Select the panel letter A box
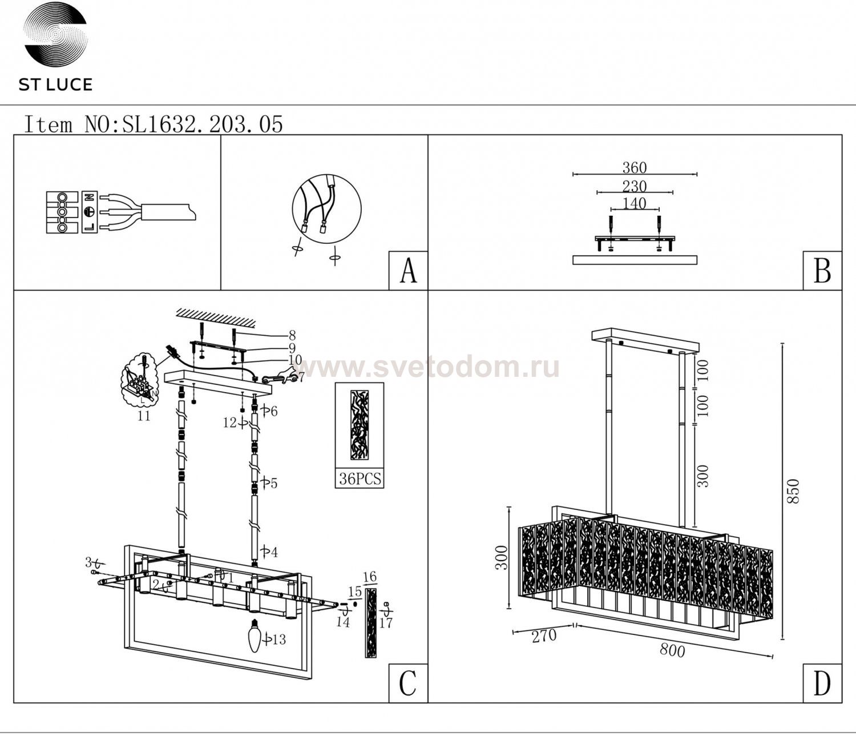(x=408, y=271)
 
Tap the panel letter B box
(x=822, y=271)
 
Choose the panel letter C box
(x=408, y=683)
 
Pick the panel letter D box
(x=822, y=683)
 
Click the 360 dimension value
(x=634, y=168)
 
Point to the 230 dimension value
(x=634, y=186)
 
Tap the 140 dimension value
(x=634, y=203)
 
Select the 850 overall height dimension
(x=793, y=491)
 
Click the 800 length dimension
(x=672, y=650)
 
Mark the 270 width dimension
(x=544, y=636)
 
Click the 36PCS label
(x=360, y=478)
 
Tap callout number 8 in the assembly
(x=292, y=336)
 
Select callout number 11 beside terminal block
(x=144, y=416)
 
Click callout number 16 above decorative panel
(x=370, y=577)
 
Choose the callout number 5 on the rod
(x=273, y=483)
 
